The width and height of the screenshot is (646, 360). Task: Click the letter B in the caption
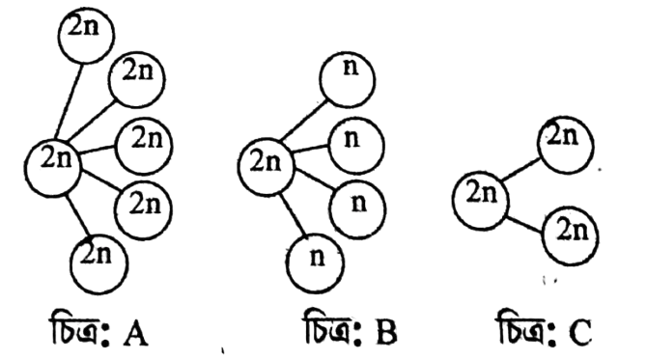pyautogui.click(x=386, y=332)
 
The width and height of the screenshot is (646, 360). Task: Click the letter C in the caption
pyautogui.click(x=580, y=332)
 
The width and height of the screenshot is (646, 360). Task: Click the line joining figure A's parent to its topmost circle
pyautogui.click(x=70, y=101)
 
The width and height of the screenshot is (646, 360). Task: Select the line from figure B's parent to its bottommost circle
pyautogui.click(x=294, y=214)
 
